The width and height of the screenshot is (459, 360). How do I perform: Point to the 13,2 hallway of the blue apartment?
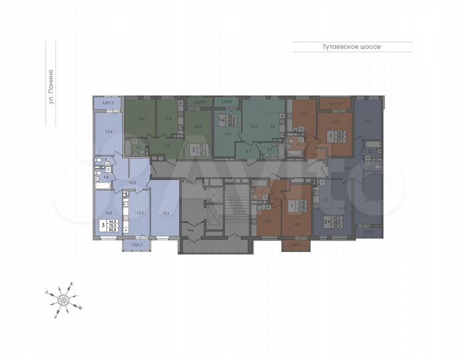[x=133, y=181]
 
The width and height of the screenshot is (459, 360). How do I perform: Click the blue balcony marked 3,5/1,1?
[x=136, y=246]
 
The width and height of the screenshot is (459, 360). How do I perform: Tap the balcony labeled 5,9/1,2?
[x=108, y=103]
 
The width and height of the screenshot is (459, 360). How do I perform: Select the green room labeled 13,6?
[x=141, y=119]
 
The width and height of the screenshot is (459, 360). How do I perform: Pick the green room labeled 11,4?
[x=169, y=119]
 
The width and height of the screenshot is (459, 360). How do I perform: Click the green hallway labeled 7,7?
[x=168, y=145]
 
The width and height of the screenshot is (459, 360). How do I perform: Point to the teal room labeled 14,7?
[x=254, y=126]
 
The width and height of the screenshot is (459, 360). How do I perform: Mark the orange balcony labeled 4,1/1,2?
[x=336, y=103]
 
